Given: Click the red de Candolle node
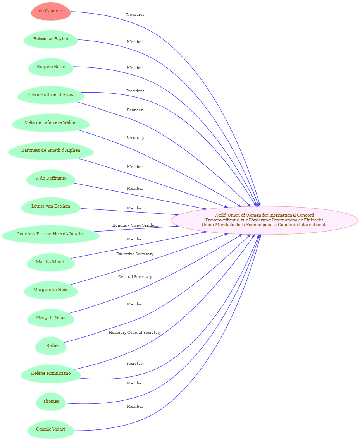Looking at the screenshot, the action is pyautogui.click(x=51, y=11).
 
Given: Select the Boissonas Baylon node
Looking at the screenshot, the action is pyautogui.click(x=51, y=39).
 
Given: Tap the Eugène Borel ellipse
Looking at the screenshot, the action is pyautogui.click(x=51, y=67).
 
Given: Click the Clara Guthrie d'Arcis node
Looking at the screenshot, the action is pyautogui.click(x=51, y=95).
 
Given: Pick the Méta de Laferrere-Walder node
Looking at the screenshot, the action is pyautogui.click(x=51, y=123).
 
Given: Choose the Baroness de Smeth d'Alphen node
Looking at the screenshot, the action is pyautogui.click(x=51, y=151).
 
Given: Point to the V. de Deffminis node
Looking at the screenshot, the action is pyautogui.click(x=51, y=178).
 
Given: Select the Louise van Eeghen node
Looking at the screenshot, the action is pyautogui.click(x=51, y=206).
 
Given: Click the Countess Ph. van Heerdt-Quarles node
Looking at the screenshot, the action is pyautogui.click(x=51, y=234).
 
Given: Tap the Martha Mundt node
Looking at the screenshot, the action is pyautogui.click(x=51, y=262).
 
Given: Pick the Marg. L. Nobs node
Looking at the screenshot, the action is pyautogui.click(x=51, y=317).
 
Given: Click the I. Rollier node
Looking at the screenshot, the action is pyautogui.click(x=51, y=345).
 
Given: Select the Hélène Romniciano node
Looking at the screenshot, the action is pyautogui.click(x=51, y=373).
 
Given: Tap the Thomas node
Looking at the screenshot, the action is pyautogui.click(x=51, y=401).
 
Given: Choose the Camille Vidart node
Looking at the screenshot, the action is pyautogui.click(x=51, y=429).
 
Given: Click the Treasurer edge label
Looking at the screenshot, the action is pyautogui.click(x=135, y=15).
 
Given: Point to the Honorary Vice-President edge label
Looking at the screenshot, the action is pyautogui.click(x=135, y=225).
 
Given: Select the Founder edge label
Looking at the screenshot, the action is pyautogui.click(x=135, y=110).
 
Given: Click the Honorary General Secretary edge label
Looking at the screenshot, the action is pyautogui.click(x=135, y=333).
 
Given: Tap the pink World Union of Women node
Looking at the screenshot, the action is pyautogui.click(x=264, y=220).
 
